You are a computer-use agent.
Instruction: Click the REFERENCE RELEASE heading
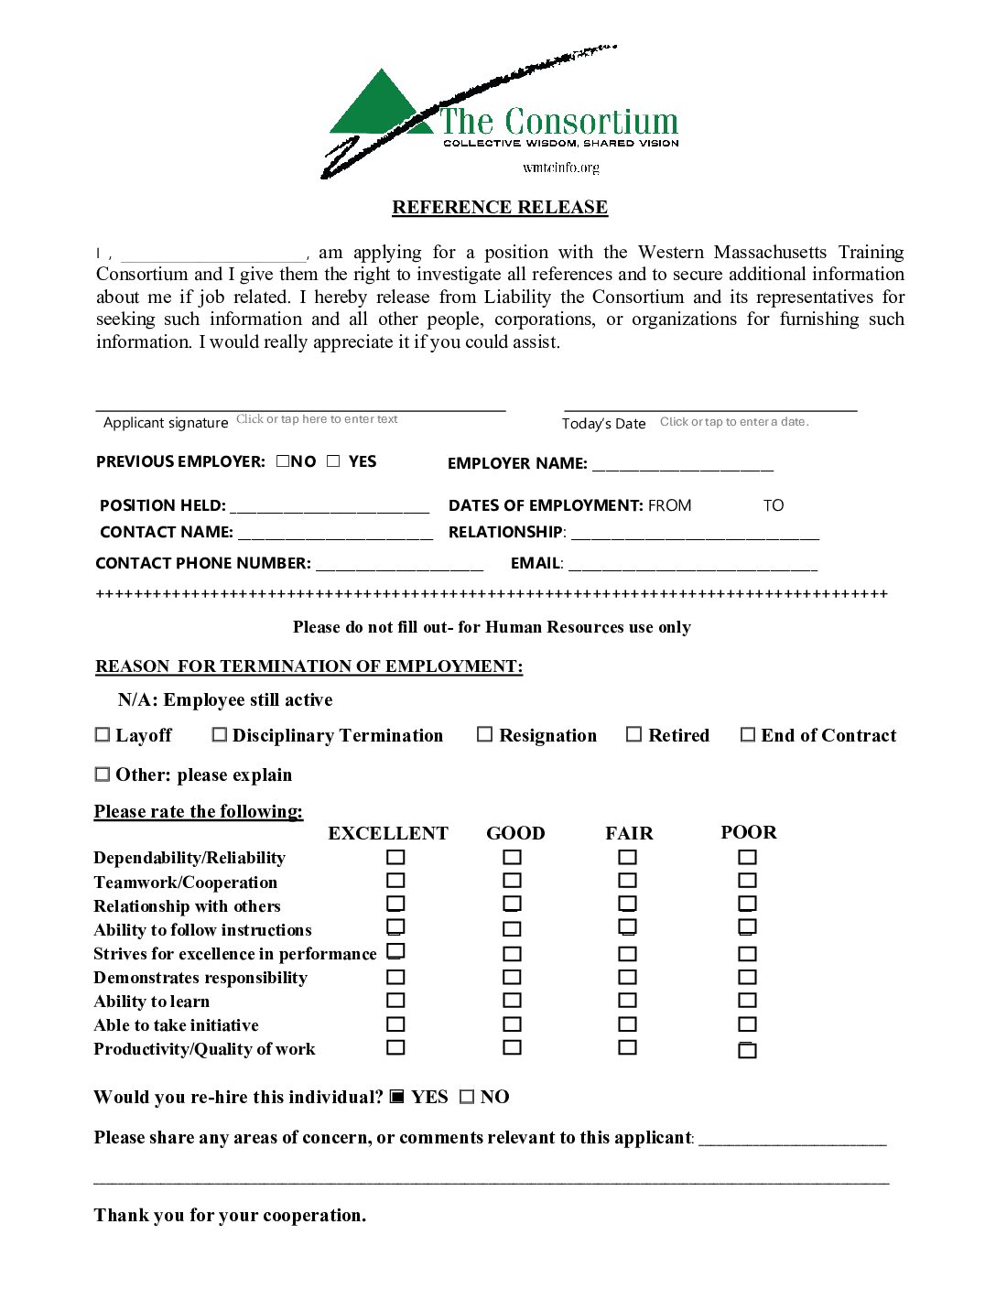coord(500,208)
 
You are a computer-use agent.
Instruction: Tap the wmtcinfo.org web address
coord(561,168)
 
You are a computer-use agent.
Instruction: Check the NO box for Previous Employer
coord(283,461)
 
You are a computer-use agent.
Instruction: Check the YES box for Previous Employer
coord(333,461)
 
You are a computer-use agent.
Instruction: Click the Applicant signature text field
coord(317,419)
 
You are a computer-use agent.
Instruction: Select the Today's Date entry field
coord(734,422)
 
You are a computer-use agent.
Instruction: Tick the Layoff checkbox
coord(103,735)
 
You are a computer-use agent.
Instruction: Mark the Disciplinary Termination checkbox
coord(220,734)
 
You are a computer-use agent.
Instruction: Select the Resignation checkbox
coord(485,734)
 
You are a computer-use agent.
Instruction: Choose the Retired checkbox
coord(633,734)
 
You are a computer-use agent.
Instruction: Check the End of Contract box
coord(748,734)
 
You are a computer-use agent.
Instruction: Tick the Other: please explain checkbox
coord(103,774)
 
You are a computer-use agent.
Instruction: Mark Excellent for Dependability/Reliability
coord(395,857)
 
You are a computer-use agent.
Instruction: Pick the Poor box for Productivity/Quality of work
coord(748,1050)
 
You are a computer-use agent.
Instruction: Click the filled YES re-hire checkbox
coord(397,1096)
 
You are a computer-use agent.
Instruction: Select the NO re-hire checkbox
coord(467,1097)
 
